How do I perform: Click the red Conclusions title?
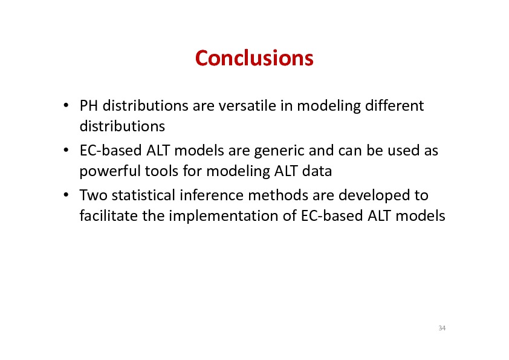pos(254,58)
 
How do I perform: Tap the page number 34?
pos(442,328)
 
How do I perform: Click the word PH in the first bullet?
pos(89,106)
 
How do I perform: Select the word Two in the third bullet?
pos(93,195)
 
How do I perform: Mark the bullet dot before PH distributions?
pos(66,105)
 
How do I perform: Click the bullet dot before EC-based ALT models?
pos(66,150)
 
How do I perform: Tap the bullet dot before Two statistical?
pos(66,195)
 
